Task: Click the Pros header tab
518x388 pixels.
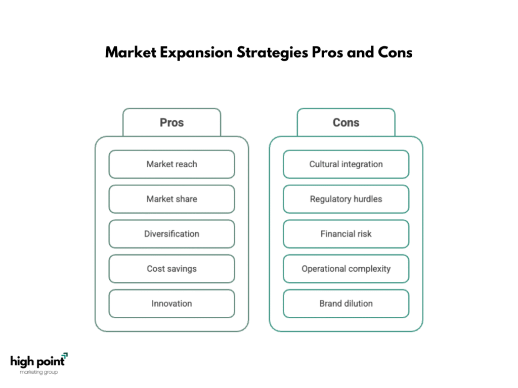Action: [171, 122]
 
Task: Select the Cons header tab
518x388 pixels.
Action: [346, 122]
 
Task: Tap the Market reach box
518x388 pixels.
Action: [171, 164]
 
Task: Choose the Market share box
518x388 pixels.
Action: [171, 199]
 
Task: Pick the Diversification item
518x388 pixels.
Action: [171, 234]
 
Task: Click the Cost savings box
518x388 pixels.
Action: [171, 269]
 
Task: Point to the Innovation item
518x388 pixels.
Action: [171, 304]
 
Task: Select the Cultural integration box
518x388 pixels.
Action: [346, 164]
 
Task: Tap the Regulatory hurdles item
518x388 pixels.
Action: [346, 199]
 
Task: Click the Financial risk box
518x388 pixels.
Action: [346, 234]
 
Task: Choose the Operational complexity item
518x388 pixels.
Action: [346, 269]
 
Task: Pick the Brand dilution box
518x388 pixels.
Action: [346, 304]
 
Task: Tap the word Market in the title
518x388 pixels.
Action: [131, 53]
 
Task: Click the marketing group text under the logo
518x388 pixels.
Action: [39, 372]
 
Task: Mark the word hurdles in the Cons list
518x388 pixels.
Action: [367, 199]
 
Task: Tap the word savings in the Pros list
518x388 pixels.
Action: [182, 269]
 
